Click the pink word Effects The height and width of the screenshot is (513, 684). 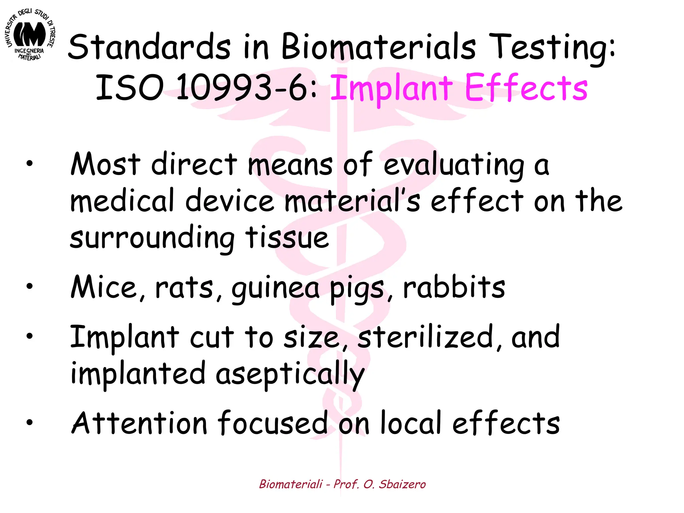pos(526,88)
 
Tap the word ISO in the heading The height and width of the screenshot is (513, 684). pos(129,88)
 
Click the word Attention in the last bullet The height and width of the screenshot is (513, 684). pos(139,423)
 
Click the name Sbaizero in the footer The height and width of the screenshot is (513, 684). pos(402,484)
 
